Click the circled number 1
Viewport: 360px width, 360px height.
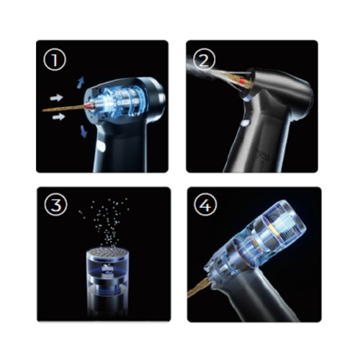[55, 59]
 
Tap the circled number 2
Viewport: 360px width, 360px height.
[204, 59]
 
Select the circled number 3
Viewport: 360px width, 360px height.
[56, 204]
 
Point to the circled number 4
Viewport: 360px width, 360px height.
[206, 204]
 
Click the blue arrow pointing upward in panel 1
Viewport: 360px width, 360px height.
[81, 83]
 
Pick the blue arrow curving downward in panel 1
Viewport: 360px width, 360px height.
[84, 131]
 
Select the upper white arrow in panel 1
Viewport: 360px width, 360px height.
[57, 98]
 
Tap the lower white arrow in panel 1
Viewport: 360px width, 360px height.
[59, 117]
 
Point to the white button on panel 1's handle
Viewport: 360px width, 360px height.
[101, 147]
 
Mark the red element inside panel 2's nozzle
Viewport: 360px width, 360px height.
[242, 81]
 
